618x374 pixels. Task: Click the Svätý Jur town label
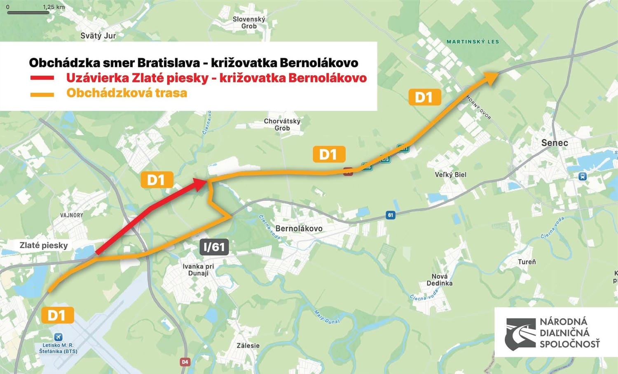tap(98, 36)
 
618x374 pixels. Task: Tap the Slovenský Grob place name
tap(249, 23)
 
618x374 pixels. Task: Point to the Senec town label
tap(554, 143)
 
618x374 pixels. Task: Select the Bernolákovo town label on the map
tap(299, 228)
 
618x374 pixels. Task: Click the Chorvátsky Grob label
tap(282, 125)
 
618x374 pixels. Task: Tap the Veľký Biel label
tap(451, 174)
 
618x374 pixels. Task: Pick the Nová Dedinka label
tap(439, 280)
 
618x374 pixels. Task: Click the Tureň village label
tap(527, 262)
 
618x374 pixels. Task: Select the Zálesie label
tap(248, 346)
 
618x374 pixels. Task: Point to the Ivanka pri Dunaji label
tap(198, 269)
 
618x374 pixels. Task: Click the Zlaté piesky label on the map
tap(44, 245)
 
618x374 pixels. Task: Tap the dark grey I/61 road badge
tap(214, 247)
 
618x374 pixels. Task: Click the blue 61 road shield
tap(390, 215)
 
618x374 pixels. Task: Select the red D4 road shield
tap(185, 362)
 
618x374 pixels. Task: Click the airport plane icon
tap(59, 337)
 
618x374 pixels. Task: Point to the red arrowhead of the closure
tap(200, 184)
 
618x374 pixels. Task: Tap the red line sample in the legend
tap(42, 78)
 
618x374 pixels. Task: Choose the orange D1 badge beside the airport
tap(57, 316)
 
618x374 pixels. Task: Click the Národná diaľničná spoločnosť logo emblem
tap(521, 333)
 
